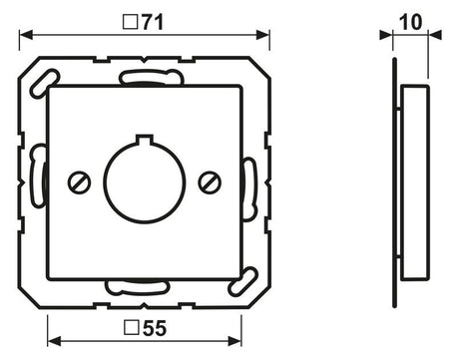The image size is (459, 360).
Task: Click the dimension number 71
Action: click(153, 23)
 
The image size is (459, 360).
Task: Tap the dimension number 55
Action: click(155, 328)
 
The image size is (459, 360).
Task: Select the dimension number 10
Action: click(411, 22)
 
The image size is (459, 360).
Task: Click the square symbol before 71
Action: click(130, 23)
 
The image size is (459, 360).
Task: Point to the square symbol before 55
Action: click(131, 327)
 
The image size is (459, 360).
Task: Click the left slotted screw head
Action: click(80, 182)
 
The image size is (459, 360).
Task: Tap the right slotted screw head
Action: click(210, 182)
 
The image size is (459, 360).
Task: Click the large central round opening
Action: click(145, 182)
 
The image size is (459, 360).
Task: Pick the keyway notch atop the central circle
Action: click(145, 139)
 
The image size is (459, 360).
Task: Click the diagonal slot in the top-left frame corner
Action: click(45, 84)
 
